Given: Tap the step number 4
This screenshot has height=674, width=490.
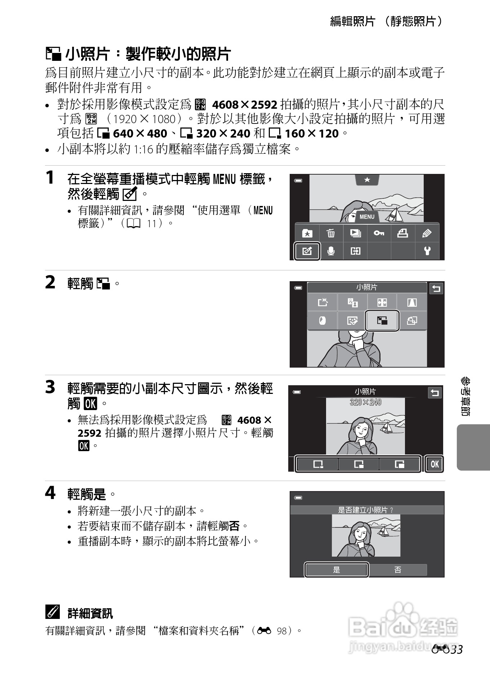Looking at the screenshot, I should [x=50, y=493].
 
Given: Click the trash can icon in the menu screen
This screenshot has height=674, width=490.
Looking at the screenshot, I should [x=331, y=233].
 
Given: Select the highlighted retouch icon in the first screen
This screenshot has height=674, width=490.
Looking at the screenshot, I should [x=307, y=251].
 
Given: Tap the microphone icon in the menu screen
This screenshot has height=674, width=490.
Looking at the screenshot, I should [x=331, y=251].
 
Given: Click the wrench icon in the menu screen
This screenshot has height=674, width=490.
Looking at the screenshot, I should [x=427, y=251].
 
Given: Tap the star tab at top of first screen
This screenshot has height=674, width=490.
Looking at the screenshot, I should [x=367, y=180].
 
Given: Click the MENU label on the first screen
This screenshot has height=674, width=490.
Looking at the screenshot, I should [x=367, y=217].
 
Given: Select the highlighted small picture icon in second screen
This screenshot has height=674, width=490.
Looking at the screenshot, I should [x=382, y=320].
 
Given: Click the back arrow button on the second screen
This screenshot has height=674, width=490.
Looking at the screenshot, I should [x=436, y=289].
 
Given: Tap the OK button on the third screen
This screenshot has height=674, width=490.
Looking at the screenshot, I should [x=435, y=464].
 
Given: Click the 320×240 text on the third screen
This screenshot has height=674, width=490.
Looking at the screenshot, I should [x=365, y=402].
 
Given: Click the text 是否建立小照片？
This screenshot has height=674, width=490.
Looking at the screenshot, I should [x=365, y=510].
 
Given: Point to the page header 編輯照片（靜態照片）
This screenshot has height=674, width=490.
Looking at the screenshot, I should [x=387, y=22].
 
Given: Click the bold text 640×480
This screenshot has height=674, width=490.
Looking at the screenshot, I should [x=140, y=134].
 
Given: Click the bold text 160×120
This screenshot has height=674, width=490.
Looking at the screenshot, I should [x=312, y=134].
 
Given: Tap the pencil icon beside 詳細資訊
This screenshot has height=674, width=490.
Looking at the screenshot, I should [x=52, y=612].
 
